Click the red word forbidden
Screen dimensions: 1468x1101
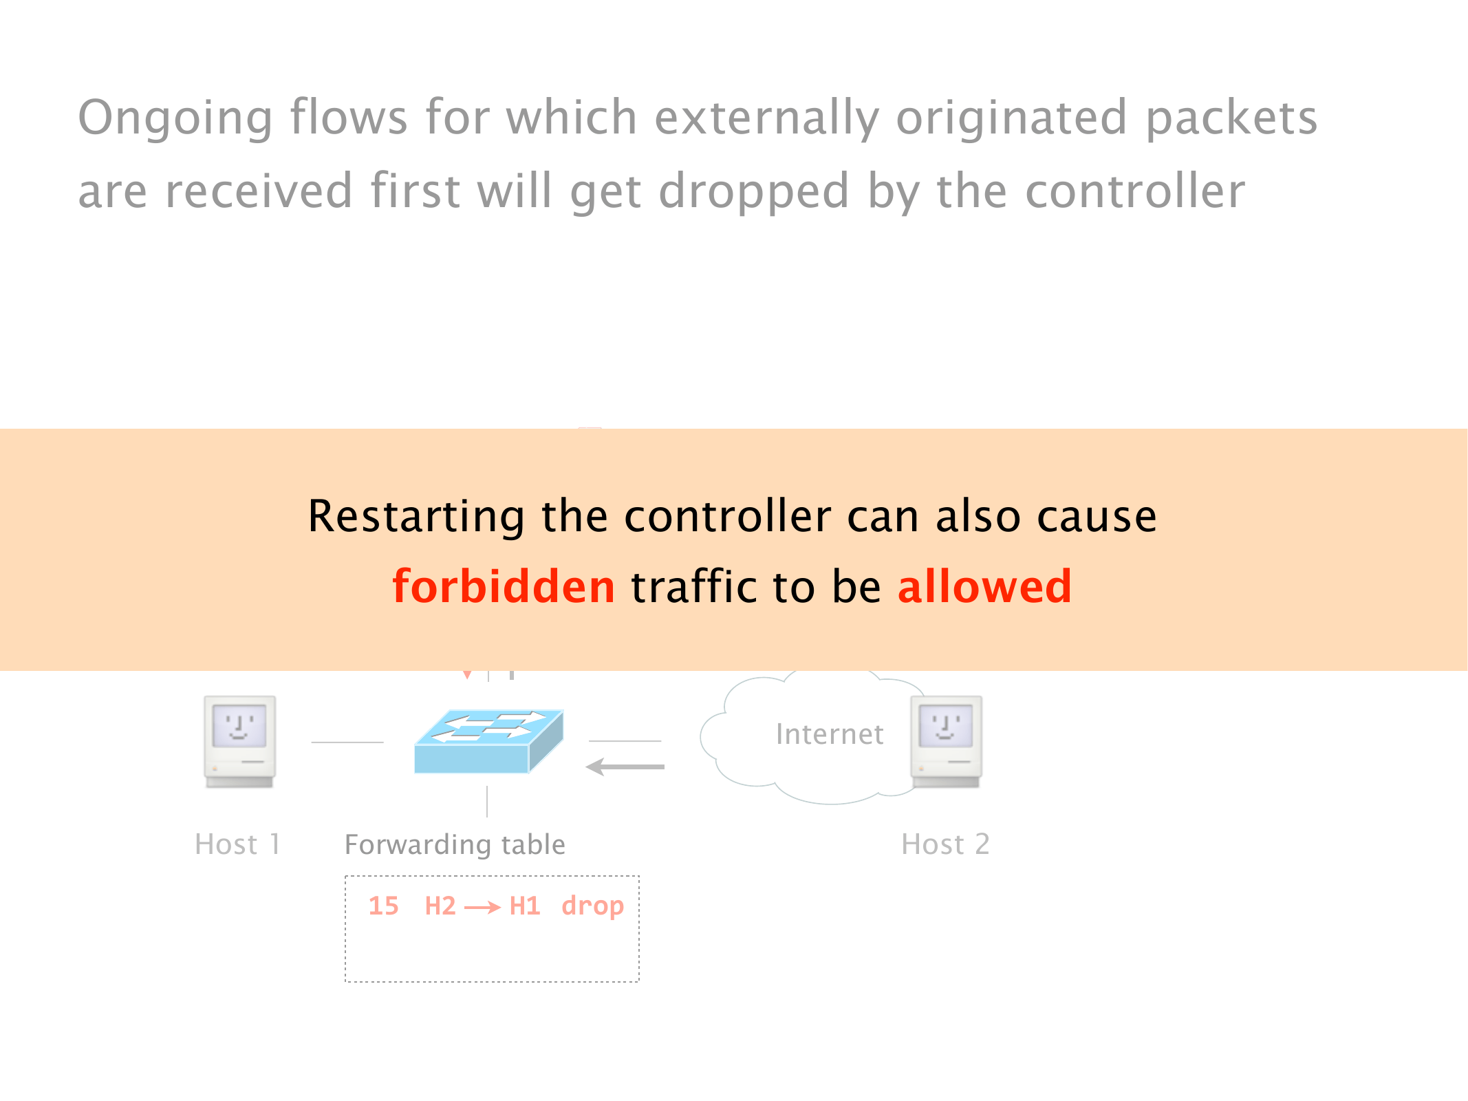coord(504,586)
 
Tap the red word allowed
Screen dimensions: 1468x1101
coord(984,586)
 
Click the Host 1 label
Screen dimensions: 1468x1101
coord(238,844)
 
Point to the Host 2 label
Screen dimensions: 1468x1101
coord(945,844)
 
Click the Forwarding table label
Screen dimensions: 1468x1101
coord(455,844)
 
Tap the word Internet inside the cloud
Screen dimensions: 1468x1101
coord(830,734)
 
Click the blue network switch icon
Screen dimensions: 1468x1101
coord(488,742)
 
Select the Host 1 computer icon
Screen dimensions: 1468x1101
coord(239,742)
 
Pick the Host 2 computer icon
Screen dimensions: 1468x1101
coord(947,742)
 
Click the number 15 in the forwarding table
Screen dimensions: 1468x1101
coord(383,906)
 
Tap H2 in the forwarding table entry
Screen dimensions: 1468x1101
coord(440,906)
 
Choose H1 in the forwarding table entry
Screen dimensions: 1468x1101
coord(525,906)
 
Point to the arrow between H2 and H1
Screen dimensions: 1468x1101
coord(482,908)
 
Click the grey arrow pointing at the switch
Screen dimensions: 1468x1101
coord(625,767)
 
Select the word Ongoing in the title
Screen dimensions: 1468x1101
coord(175,118)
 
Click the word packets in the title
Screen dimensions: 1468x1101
coord(1231,118)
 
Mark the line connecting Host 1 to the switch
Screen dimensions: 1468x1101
coord(347,742)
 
